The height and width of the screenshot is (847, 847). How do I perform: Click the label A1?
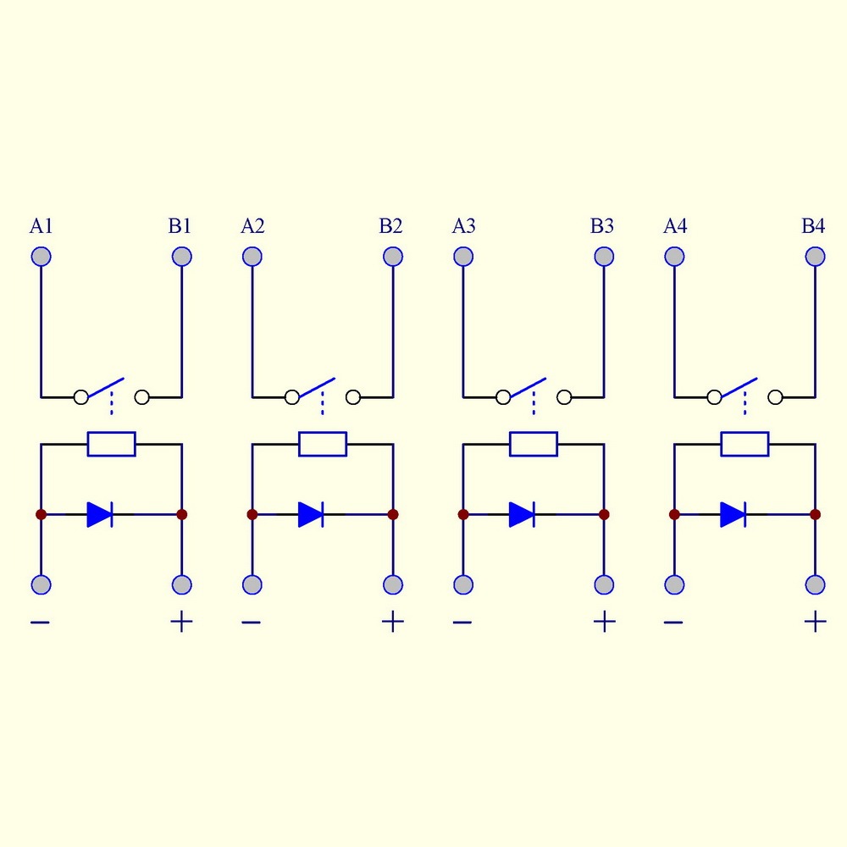click(42, 226)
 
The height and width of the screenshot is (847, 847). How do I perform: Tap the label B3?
click(602, 226)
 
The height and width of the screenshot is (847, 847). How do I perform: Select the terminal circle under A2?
click(252, 257)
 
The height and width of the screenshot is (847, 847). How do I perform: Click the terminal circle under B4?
click(815, 257)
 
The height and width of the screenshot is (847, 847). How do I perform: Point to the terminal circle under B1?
click(181, 257)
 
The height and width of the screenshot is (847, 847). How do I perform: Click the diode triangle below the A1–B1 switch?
click(99, 514)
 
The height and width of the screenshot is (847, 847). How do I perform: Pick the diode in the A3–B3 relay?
click(522, 514)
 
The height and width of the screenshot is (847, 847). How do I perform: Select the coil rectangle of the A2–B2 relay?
click(323, 444)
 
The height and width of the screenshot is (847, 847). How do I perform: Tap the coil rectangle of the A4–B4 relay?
click(745, 444)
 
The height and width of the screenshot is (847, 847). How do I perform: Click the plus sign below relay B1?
click(181, 623)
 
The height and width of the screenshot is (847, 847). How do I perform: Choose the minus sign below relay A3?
click(462, 623)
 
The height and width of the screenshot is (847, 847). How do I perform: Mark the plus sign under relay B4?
click(815, 623)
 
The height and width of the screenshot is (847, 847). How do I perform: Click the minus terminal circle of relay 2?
click(252, 584)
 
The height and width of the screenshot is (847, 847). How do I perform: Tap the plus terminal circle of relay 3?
click(604, 584)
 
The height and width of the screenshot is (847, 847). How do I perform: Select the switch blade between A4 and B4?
click(739, 388)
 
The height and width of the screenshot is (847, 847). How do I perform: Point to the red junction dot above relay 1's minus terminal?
click(41, 514)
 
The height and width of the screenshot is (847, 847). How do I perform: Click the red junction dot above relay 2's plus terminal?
click(393, 514)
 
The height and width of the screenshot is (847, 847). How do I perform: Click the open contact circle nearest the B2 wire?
click(353, 396)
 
